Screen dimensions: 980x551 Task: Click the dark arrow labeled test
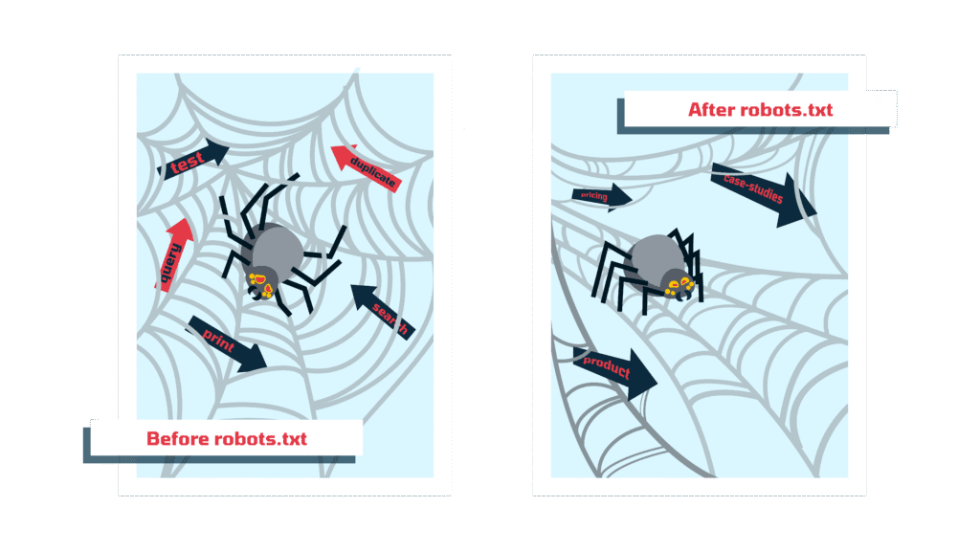[193, 160]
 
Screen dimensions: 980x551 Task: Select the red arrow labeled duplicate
[367, 166]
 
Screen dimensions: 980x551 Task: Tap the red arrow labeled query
[173, 254]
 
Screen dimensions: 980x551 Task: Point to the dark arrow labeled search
[383, 312]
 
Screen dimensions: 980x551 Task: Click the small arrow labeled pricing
[602, 196]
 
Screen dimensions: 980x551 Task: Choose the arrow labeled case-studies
[764, 194]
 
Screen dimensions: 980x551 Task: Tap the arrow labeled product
[615, 372]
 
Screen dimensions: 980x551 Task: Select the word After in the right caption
[712, 110]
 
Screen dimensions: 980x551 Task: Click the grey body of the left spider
[276, 248]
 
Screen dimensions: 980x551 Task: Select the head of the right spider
[679, 283]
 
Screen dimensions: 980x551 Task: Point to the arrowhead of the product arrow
[642, 375]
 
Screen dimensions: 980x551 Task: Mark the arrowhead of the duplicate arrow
[344, 156]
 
